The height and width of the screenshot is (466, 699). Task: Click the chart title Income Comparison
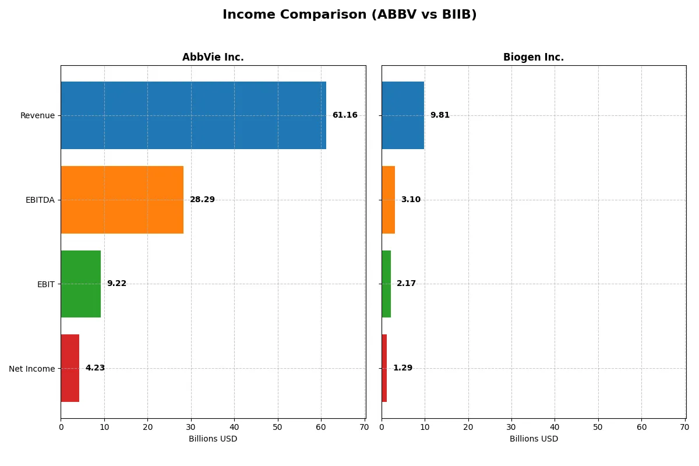(349, 15)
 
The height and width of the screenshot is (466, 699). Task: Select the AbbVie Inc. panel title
(213, 57)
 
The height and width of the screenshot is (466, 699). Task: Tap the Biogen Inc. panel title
(533, 57)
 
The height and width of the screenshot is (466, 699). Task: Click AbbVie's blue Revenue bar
(193, 115)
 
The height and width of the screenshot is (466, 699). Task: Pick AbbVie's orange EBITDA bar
(122, 200)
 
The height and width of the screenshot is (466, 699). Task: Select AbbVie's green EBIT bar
(80, 284)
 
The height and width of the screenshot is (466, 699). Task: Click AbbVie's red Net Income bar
(70, 368)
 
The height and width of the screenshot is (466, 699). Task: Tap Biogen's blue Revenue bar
(403, 115)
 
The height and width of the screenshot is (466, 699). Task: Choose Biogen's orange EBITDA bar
(389, 200)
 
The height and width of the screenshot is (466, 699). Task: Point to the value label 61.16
(345, 115)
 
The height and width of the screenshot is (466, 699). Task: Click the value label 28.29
(202, 200)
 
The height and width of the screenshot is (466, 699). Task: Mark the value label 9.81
(440, 115)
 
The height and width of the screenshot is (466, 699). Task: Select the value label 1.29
(403, 368)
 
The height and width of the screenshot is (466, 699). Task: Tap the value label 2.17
(406, 284)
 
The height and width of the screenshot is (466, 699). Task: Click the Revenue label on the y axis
(37, 115)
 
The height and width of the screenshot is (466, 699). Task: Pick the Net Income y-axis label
(31, 369)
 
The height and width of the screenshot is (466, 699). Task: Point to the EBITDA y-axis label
(40, 200)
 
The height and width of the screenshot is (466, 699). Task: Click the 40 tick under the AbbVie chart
(234, 427)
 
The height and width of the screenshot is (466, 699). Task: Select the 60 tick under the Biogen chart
(641, 427)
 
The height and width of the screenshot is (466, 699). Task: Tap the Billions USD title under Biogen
(534, 439)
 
